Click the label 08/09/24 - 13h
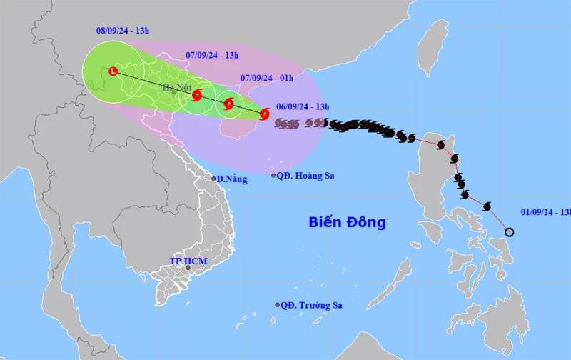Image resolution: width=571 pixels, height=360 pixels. click(123, 31)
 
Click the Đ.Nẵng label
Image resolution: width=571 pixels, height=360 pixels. click(233, 179)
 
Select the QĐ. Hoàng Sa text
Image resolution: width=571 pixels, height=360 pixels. click(308, 176)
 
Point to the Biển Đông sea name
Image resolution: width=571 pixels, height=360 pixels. click(348, 222)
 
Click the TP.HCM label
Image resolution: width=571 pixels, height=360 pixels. click(188, 261)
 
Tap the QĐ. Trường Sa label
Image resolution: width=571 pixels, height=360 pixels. click(311, 305)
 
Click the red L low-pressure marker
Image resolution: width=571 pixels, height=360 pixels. click(113, 71)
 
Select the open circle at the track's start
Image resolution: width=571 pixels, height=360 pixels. click(510, 231)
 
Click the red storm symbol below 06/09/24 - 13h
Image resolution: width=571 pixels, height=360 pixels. click(265, 114)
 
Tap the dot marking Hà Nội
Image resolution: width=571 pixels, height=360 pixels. click(174, 93)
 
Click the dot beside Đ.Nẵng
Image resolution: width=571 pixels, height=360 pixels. click(213, 179)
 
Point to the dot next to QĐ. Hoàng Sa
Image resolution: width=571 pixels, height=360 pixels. click(274, 175)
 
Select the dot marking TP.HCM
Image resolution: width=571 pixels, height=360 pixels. click(188, 268)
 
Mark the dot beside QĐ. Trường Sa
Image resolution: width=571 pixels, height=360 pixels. click(278, 305)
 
